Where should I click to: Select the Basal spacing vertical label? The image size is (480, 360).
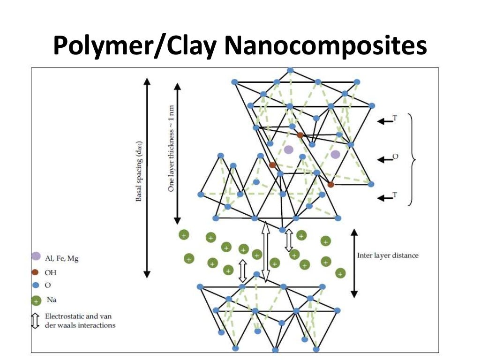point(139,172)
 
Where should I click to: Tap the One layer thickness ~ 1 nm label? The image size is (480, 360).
point(172,148)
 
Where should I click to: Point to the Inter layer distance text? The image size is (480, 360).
point(388,255)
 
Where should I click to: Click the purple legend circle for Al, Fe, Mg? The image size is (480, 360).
point(36,256)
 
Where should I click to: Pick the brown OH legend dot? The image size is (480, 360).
point(35,272)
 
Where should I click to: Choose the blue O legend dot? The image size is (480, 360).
point(35,285)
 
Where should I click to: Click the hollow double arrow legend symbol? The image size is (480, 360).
point(35,321)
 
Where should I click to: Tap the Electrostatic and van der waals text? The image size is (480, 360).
point(80,321)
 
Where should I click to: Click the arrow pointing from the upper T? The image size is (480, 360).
point(385,121)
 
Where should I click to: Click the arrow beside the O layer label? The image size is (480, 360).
point(385,160)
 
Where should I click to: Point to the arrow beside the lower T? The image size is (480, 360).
point(385,198)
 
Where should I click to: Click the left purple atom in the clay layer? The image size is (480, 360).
point(289,150)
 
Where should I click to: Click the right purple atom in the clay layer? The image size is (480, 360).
point(335,154)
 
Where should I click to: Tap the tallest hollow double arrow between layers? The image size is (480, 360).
point(265,252)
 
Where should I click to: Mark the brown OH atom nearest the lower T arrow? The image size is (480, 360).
point(331,185)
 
